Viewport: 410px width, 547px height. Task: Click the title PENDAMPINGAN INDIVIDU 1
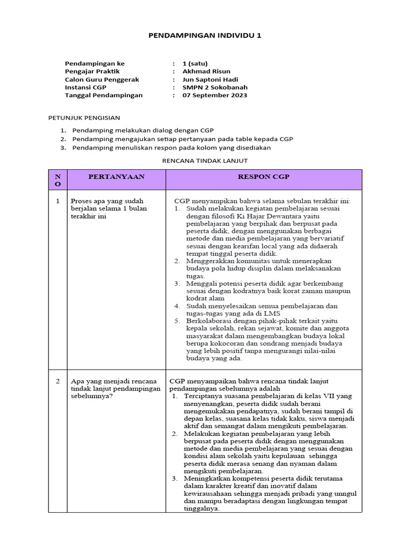click(x=204, y=36)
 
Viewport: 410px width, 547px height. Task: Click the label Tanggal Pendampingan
click(x=104, y=95)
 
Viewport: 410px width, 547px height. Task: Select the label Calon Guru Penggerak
click(x=101, y=79)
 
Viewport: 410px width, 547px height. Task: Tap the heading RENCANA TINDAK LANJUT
click(x=204, y=160)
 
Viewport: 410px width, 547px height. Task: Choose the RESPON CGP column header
click(x=264, y=176)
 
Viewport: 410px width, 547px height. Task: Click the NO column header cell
click(x=58, y=180)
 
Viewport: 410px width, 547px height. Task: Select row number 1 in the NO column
click(x=58, y=201)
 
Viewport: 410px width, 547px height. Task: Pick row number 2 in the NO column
click(x=58, y=381)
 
